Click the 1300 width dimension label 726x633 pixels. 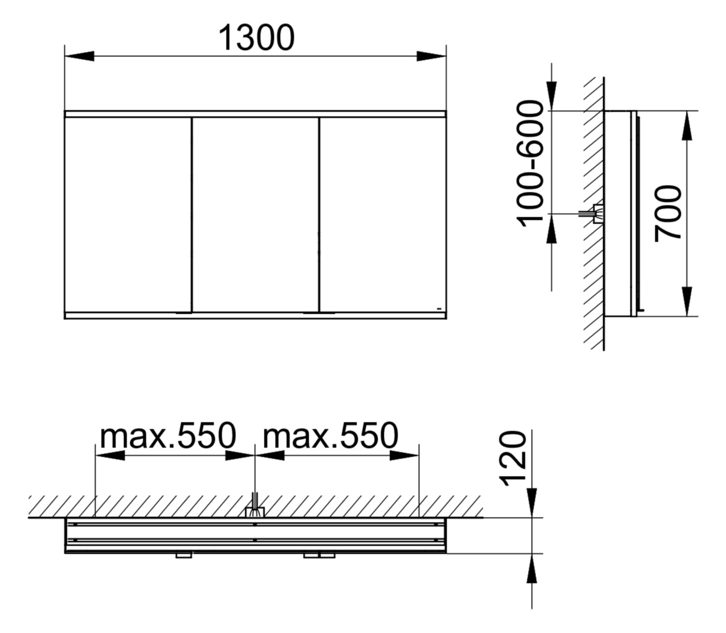click(x=256, y=37)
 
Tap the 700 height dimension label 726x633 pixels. click(x=668, y=213)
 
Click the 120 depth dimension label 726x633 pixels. click(x=513, y=458)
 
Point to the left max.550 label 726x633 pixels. click(x=169, y=435)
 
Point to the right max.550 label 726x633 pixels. click(x=330, y=435)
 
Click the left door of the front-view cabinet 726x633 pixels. click(x=128, y=214)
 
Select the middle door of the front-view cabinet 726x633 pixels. click(x=256, y=214)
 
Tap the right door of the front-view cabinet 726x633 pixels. click(x=383, y=214)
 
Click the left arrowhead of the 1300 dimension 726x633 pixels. click(x=79, y=56)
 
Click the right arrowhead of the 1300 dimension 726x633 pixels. click(x=431, y=56)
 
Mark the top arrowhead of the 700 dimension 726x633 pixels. click(x=687, y=125)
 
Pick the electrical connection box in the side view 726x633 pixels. click(x=597, y=214)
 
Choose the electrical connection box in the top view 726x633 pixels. click(x=254, y=511)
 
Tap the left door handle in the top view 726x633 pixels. click(x=183, y=555)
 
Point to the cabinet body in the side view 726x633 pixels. click(x=619, y=213)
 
